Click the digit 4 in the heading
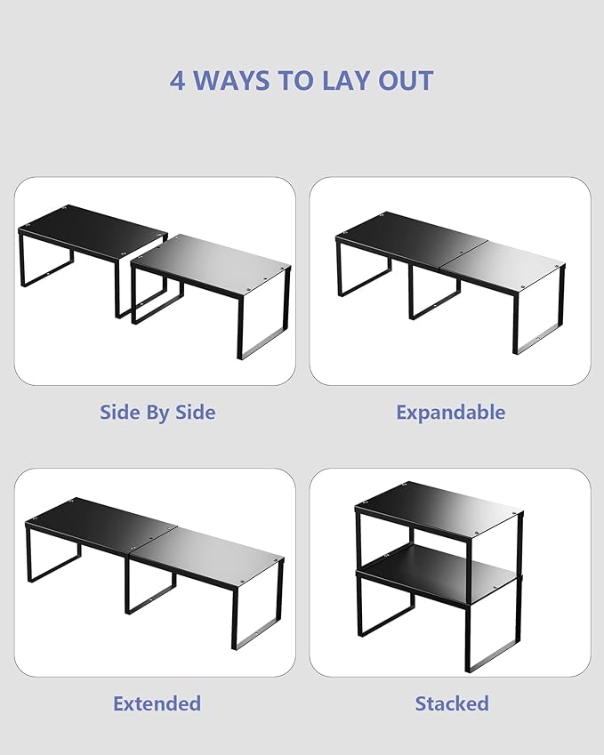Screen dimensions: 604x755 click(177, 80)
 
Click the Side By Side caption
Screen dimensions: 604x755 click(157, 413)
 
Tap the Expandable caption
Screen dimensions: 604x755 click(451, 413)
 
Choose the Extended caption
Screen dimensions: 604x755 click(157, 703)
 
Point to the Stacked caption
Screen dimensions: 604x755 click(452, 703)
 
